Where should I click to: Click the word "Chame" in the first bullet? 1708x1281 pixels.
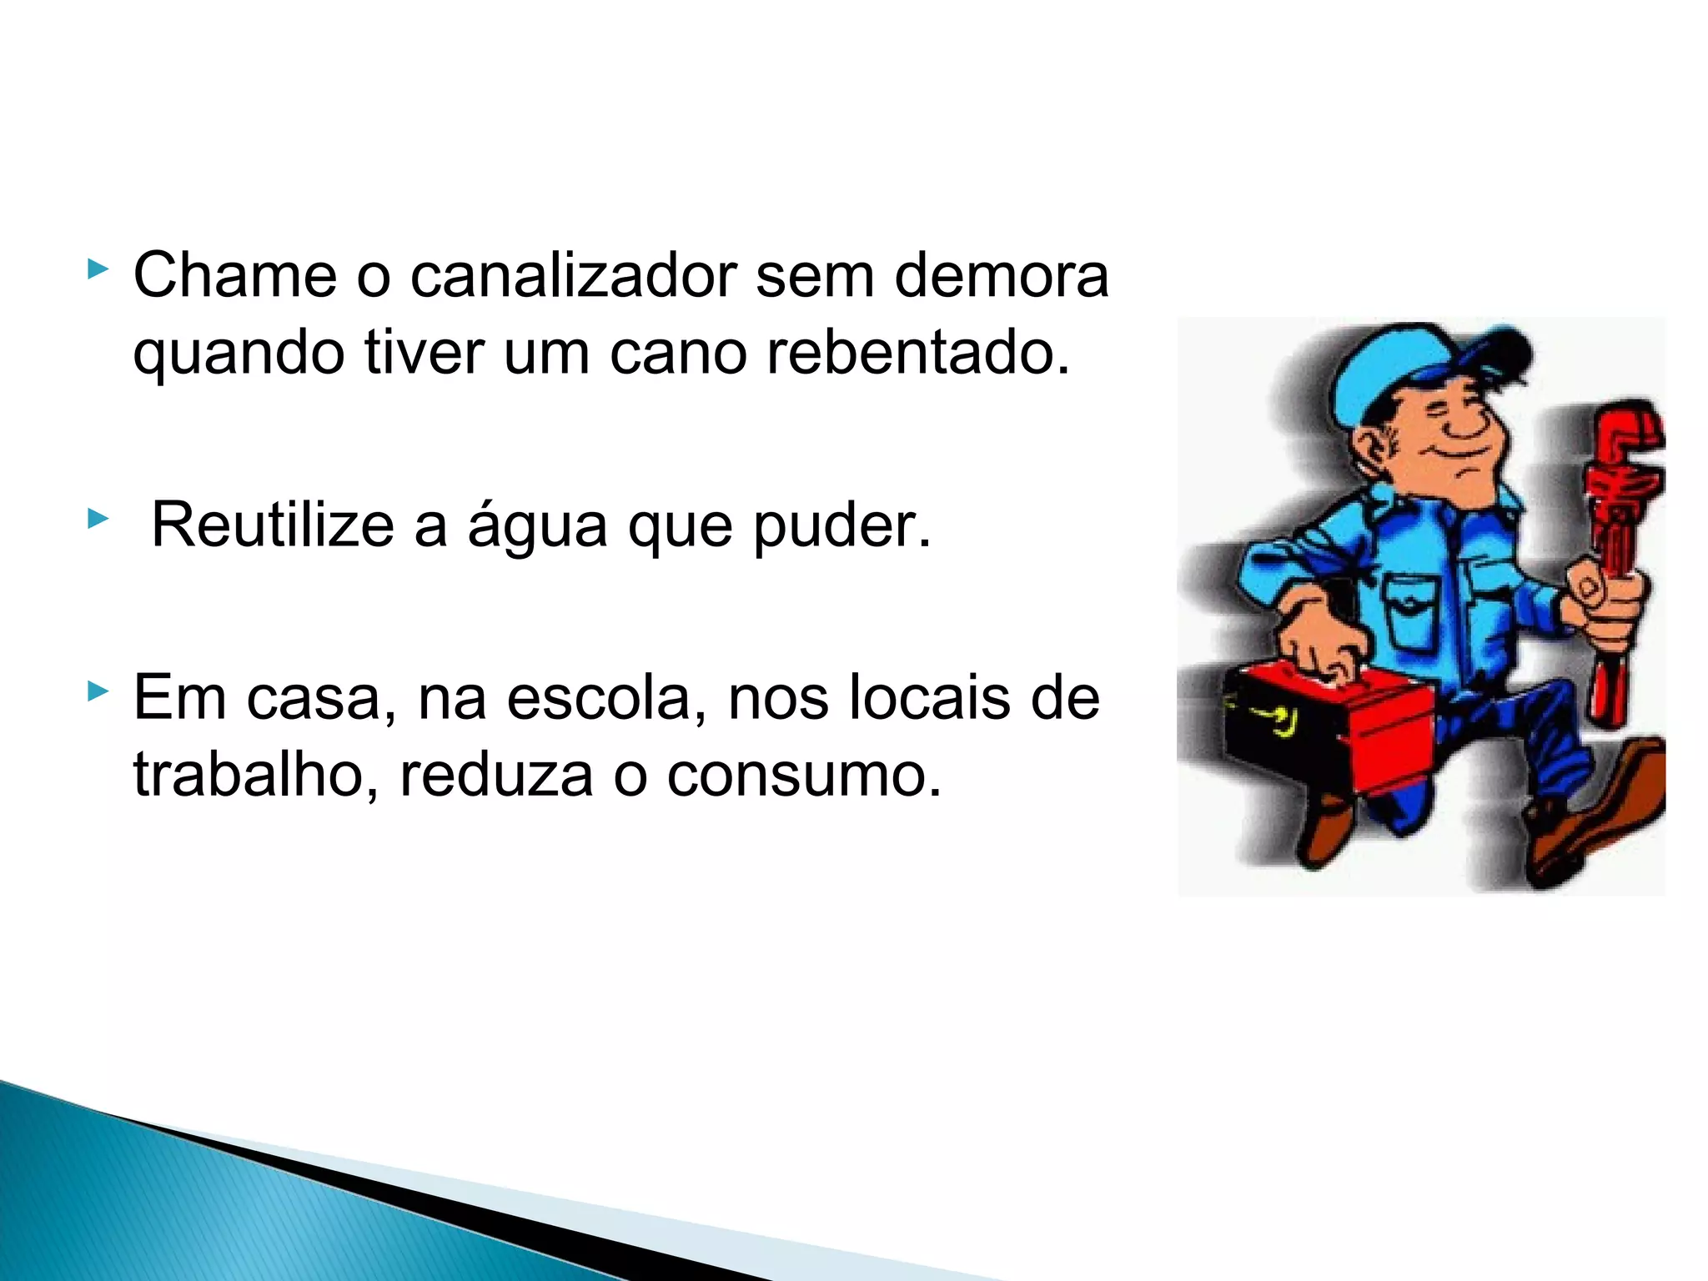pyautogui.click(x=234, y=274)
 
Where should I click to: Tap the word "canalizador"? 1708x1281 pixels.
pyautogui.click(x=574, y=274)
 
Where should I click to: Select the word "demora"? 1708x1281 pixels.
pyautogui.click(x=1001, y=274)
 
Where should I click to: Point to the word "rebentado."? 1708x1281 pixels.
pyautogui.click(x=917, y=352)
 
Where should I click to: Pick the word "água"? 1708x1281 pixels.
pyautogui.click(x=537, y=527)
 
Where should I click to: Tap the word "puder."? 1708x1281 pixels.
pyautogui.click(x=841, y=527)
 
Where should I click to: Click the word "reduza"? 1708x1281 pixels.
pyautogui.click(x=496, y=775)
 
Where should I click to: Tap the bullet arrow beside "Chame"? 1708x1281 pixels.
pyautogui.click(x=98, y=269)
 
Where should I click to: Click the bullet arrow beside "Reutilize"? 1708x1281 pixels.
pyautogui.click(x=98, y=520)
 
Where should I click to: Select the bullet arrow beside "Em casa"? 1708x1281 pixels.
pyautogui.click(x=98, y=691)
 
